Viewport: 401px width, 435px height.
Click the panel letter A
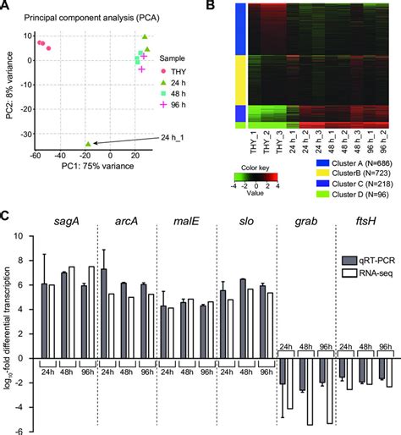pyautogui.click(x=6, y=6)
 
